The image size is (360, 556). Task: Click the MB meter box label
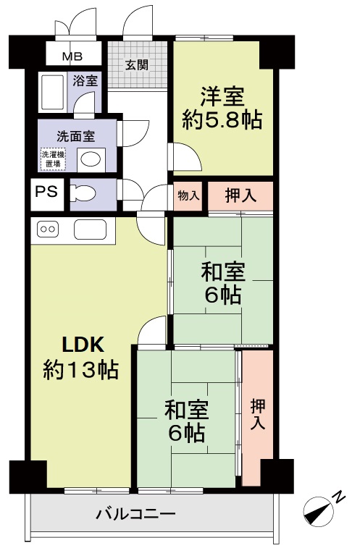pos(72,56)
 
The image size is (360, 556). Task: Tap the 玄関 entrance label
pos(137,65)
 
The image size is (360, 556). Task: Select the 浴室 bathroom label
pos(85,80)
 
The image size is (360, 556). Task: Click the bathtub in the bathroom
pos(52,92)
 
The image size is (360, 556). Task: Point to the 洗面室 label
pos(75,136)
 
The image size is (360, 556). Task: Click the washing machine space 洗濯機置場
pos(53,159)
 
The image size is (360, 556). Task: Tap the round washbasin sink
pos(91,159)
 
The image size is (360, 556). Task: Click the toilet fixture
pos(83,194)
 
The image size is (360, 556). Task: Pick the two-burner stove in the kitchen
pos(48,229)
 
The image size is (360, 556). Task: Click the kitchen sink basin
pos(90,229)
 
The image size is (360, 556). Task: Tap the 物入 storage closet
pos(188,195)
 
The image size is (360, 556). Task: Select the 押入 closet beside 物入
pos(240,196)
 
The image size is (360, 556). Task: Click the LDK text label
pos(83,345)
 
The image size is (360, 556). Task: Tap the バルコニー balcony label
pos(135,513)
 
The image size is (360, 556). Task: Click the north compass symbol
pos(319,511)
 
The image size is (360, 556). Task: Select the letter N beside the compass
pos(340,497)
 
